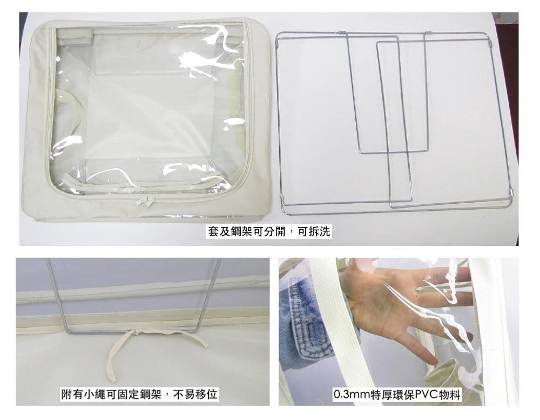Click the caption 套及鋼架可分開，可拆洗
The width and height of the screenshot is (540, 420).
[x=269, y=231]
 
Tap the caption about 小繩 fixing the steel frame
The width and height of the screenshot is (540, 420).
[x=139, y=394]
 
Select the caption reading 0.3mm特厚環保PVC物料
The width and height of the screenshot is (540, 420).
[x=397, y=394]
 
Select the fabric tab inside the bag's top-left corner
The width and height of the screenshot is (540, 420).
[x=75, y=34]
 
